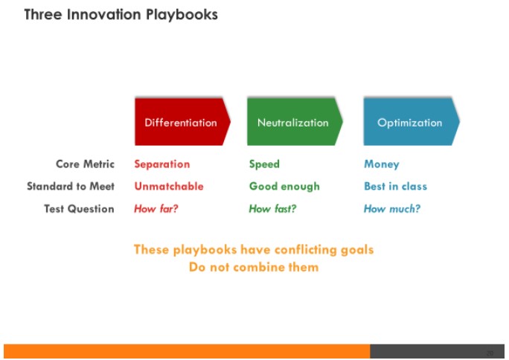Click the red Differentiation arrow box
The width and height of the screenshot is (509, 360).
[182, 122]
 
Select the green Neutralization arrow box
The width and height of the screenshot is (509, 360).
[295, 122]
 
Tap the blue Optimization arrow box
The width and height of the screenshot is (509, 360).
[412, 122]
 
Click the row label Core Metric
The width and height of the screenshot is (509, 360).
[85, 164]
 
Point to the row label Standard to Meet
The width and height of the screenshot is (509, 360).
[71, 186]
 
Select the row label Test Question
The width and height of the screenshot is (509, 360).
[79, 208]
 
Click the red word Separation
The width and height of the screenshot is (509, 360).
[162, 164]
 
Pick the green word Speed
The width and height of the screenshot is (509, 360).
[264, 164]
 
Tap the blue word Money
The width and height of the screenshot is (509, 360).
[382, 164]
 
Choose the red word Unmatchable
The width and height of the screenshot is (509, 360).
[169, 186]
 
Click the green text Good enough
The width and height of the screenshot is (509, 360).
[284, 187]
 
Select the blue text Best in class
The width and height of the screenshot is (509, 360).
[395, 186]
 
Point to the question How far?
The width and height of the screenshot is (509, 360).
[156, 208]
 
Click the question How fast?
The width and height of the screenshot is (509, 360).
[272, 208]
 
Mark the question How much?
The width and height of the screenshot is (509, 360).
[392, 208]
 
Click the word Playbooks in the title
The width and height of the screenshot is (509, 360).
[182, 15]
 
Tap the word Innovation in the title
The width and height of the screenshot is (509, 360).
[104, 15]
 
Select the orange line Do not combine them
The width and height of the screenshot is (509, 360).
[254, 267]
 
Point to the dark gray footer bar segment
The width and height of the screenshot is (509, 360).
[438, 351]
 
